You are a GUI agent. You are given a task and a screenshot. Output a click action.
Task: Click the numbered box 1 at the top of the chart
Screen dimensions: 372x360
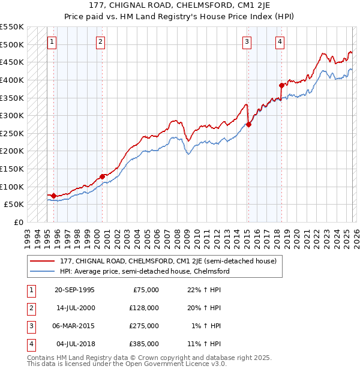(52, 41)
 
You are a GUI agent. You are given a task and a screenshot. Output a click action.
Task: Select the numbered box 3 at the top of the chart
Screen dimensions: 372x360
(247, 41)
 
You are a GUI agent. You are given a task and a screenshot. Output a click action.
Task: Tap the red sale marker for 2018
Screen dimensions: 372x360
(281, 85)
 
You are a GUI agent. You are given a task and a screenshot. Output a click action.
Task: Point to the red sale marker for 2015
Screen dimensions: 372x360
(248, 124)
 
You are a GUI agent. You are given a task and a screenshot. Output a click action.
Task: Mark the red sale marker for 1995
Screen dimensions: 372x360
(54, 196)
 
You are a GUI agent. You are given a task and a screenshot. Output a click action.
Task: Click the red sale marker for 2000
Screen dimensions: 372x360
(102, 176)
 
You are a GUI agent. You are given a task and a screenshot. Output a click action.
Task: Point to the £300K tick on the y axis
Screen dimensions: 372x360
(12, 115)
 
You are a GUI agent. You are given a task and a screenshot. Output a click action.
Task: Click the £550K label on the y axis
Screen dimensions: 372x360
(12, 27)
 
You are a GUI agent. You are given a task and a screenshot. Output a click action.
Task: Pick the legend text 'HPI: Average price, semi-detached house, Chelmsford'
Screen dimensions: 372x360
(145, 271)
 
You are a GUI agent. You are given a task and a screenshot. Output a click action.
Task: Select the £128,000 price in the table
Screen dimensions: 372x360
(143, 308)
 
